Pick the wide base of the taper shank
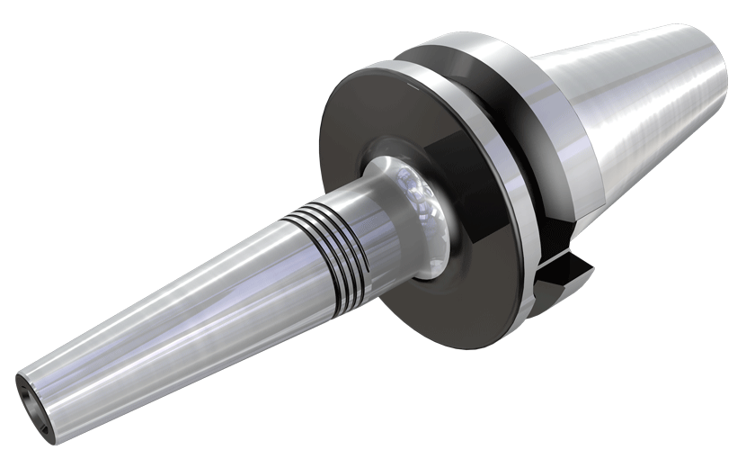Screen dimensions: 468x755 click(x=584, y=135)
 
